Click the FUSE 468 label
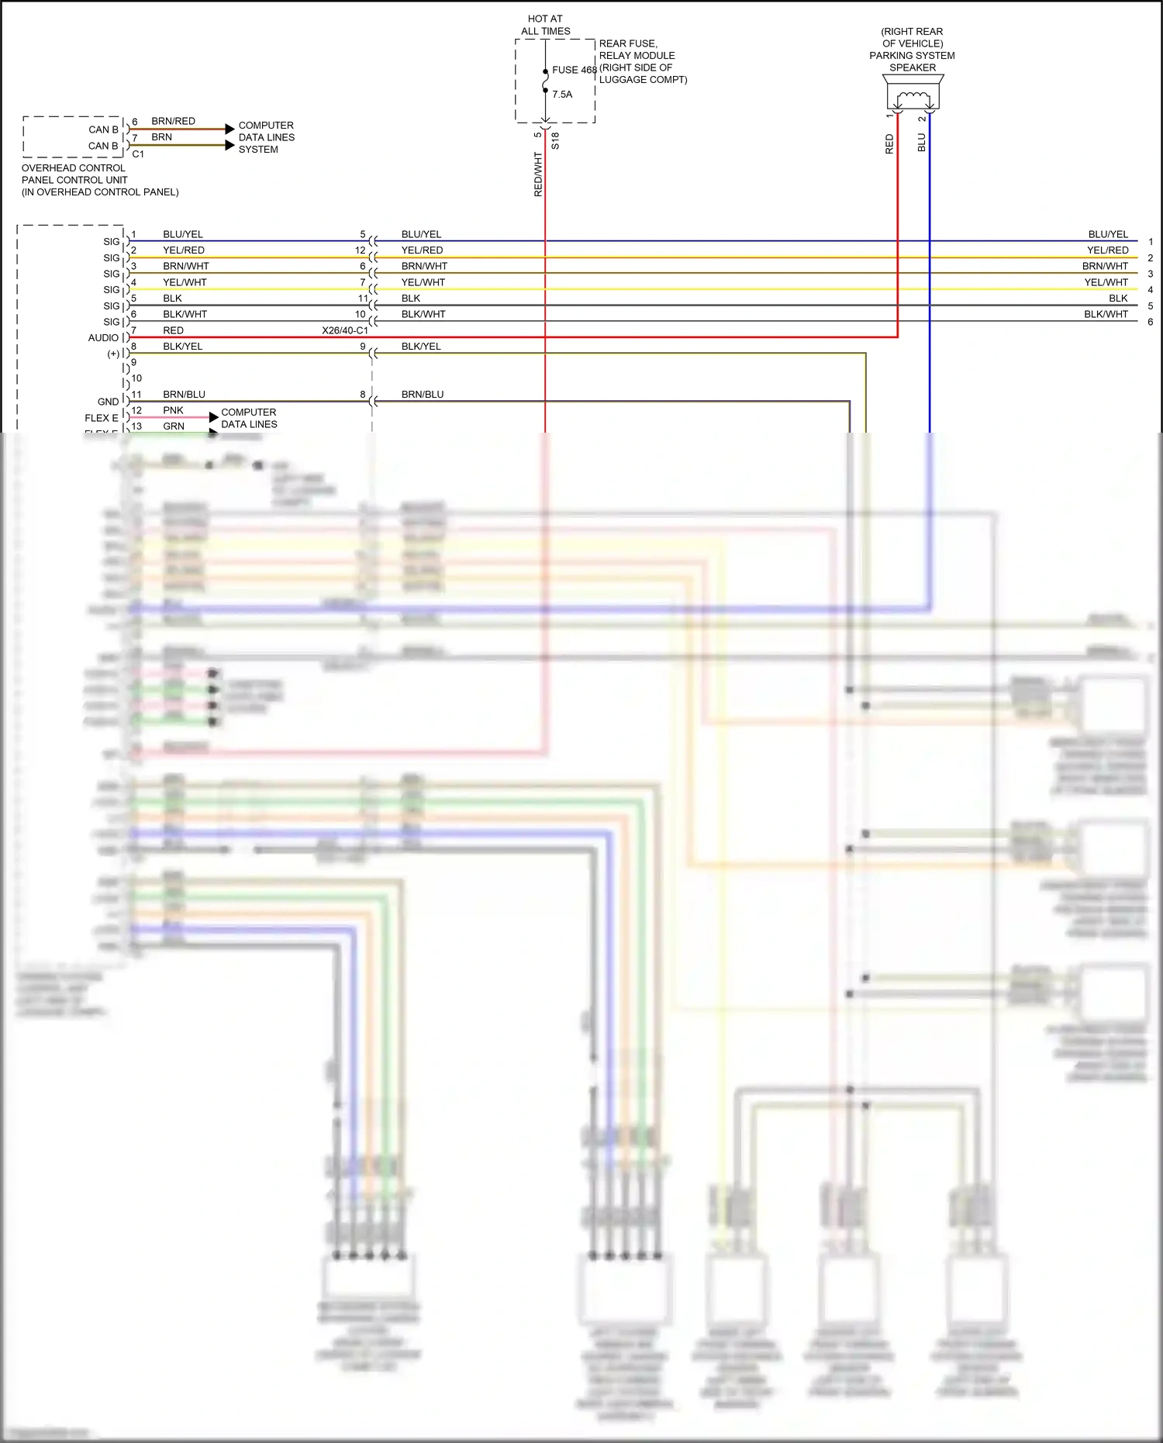click(575, 70)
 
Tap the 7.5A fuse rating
click(562, 95)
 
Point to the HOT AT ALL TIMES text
click(545, 25)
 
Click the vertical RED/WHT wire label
click(538, 174)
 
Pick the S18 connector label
click(555, 141)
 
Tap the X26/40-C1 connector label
click(345, 330)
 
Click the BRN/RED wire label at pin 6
click(173, 122)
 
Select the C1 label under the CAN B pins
click(138, 154)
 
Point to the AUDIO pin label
click(103, 338)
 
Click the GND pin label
click(108, 402)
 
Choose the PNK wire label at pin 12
click(173, 410)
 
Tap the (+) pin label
click(113, 354)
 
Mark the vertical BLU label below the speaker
click(922, 143)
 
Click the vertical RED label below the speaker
click(889, 144)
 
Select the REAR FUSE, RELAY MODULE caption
click(637, 50)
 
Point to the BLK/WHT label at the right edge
click(1106, 314)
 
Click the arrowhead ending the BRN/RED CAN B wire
click(229, 129)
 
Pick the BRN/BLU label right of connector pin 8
click(423, 395)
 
